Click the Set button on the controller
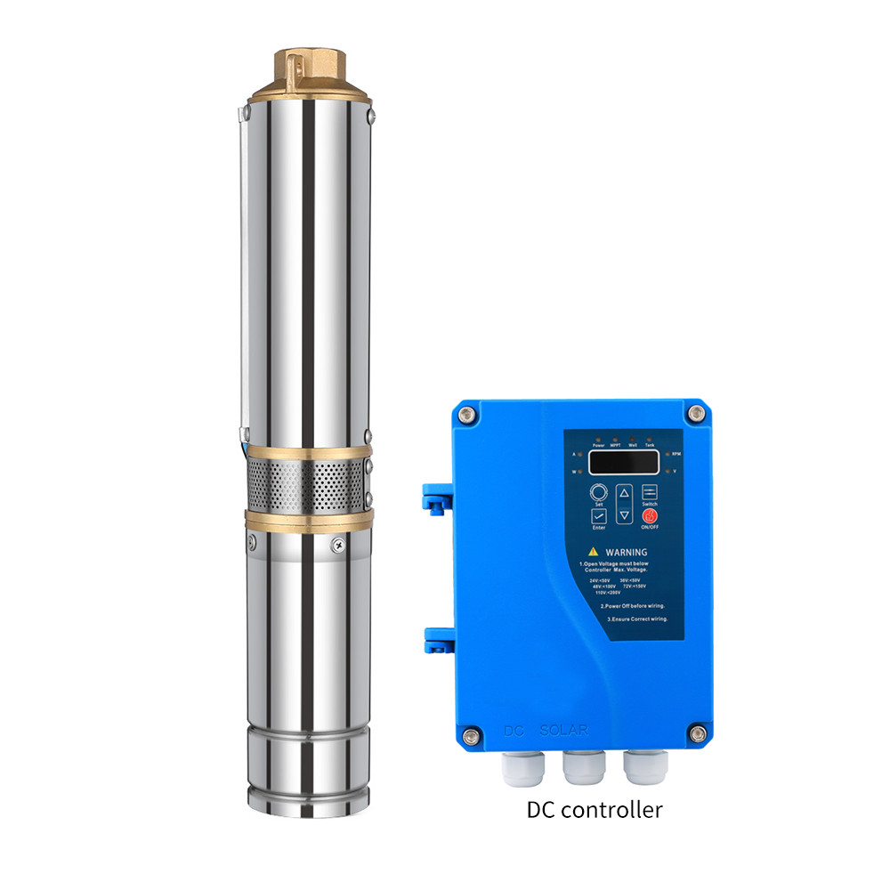pyautogui.click(x=599, y=492)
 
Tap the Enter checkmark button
pyautogui.click(x=599, y=515)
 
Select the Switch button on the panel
pyautogui.click(x=649, y=492)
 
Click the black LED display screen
pyautogui.click(x=623, y=461)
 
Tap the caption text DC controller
pyautogui.click(x=595, y=810)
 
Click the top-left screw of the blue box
pyautogui.click(x=465, y=414)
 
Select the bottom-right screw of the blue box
pyautogui.click(x=698, y=733)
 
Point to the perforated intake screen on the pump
pyautogui.click(x=305, y=486)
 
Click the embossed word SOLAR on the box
pyautogui.click(x=563, y=731)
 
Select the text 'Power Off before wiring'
pyautogui.click(x=625, y=605)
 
